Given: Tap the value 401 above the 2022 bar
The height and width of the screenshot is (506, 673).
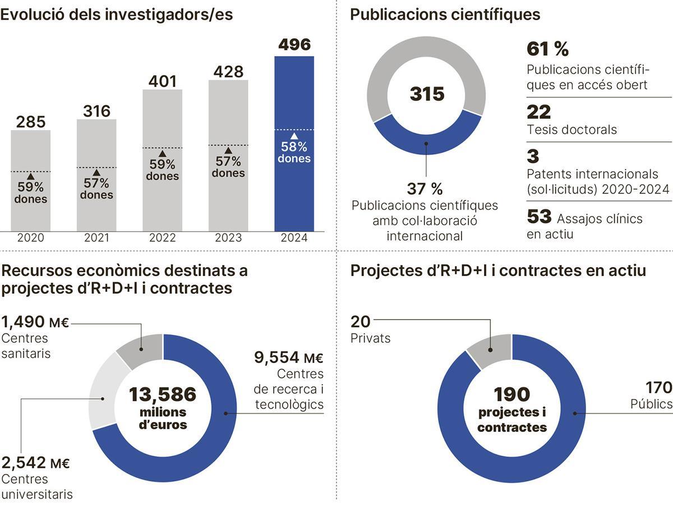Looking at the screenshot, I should coord(162,82).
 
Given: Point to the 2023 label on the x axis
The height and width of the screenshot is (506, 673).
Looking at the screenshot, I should coord(228,238).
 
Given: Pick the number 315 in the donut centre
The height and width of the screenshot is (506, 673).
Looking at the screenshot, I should coord(426,94).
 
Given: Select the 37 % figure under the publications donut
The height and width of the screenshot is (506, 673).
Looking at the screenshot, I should coord(425,188).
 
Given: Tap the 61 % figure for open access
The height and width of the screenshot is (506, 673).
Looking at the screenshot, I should coord(547,49).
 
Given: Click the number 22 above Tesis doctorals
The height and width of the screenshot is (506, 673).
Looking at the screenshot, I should coord(538,112).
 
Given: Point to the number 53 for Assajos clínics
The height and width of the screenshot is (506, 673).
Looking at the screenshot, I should coord(538,217).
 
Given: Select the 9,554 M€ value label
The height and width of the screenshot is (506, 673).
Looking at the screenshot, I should coord(288,357).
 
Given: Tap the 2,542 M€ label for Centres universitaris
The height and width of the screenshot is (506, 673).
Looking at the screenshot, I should coord(35,463).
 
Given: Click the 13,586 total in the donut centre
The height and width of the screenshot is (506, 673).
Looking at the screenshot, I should coord(162,394).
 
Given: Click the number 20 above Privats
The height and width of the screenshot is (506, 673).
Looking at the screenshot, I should coord(361,321).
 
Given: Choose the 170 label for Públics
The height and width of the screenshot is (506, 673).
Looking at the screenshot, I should coord(658,388).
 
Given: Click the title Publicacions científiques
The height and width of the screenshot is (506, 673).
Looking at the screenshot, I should coord(445,15).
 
